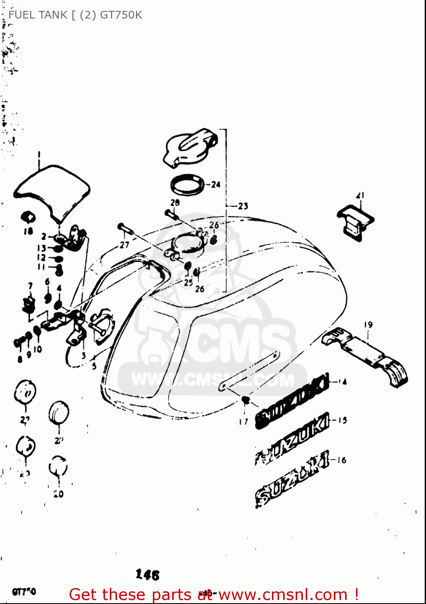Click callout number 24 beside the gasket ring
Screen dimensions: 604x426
point(216,184)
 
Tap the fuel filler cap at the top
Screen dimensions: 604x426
point(190,147)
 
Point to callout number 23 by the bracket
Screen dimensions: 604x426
point(243,206)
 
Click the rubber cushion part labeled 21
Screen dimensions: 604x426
point(355,223)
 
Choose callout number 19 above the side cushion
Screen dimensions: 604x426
point(368,325)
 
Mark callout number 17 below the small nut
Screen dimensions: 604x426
point(243,422)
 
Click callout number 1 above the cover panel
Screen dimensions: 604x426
point(39,155)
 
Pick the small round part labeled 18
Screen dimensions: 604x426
point(29,218)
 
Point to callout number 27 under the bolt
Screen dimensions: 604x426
point(124,244)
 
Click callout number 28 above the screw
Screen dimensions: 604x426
point(175,203)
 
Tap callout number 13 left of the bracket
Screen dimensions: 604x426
point(42,248)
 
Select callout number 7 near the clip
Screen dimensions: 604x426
point(30,286)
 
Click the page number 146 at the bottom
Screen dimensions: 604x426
point(148,575)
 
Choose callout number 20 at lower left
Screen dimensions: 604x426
point(59,494)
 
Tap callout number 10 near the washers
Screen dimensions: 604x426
point(37,349)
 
